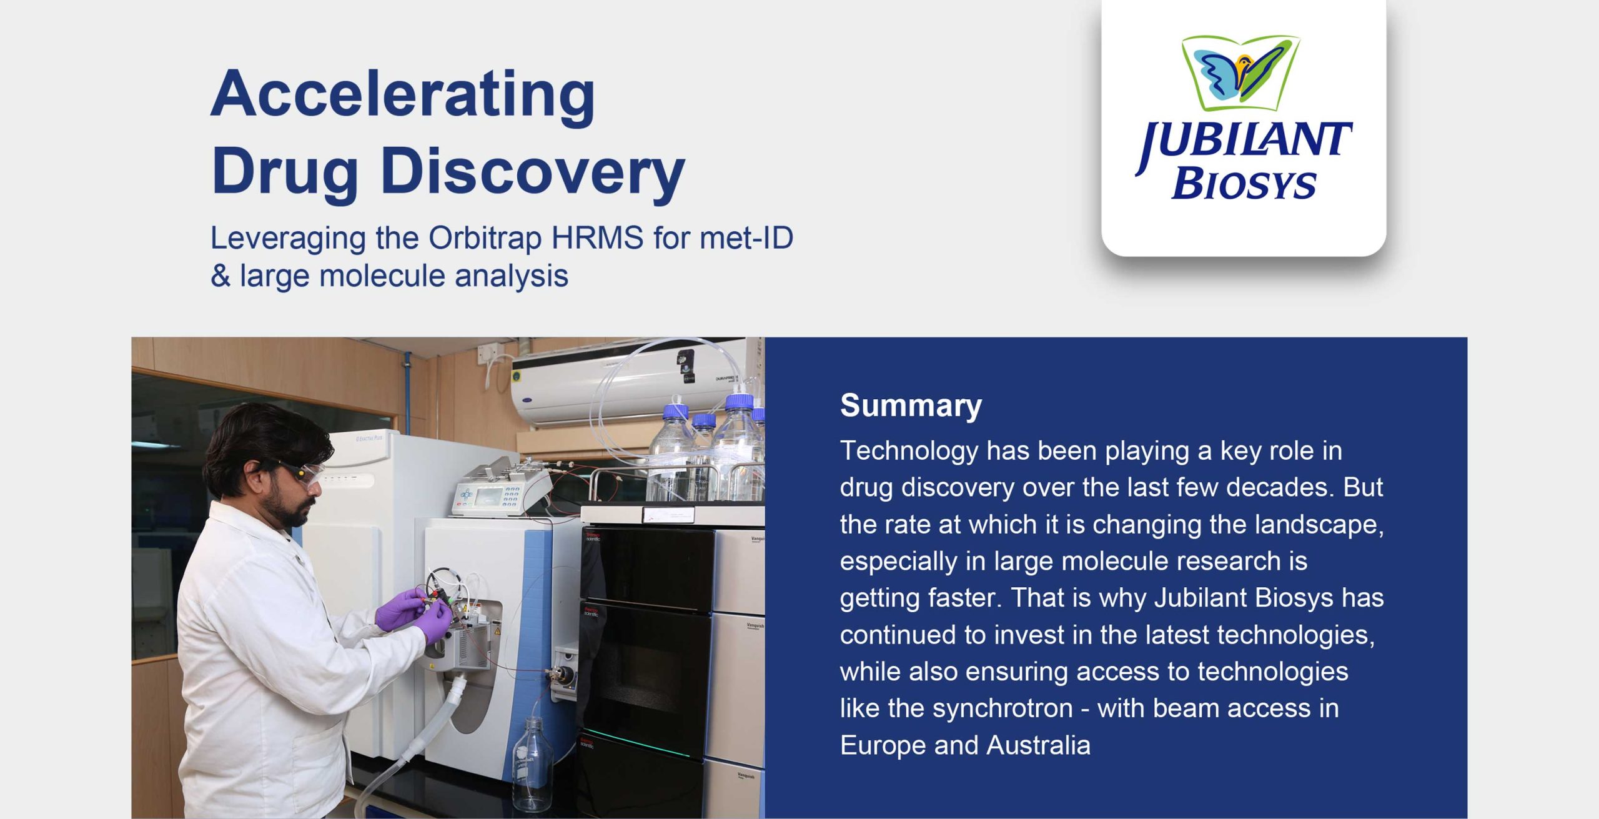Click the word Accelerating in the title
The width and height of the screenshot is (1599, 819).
pos(403,95)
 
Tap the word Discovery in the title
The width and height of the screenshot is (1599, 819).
pos(533,172)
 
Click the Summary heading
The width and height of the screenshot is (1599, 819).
pos(911,406)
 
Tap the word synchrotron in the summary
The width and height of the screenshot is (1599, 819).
pos(1002,708)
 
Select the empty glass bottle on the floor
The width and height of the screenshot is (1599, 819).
pos(532,765)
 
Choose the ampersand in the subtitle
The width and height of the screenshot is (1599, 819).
pos(220,276)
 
